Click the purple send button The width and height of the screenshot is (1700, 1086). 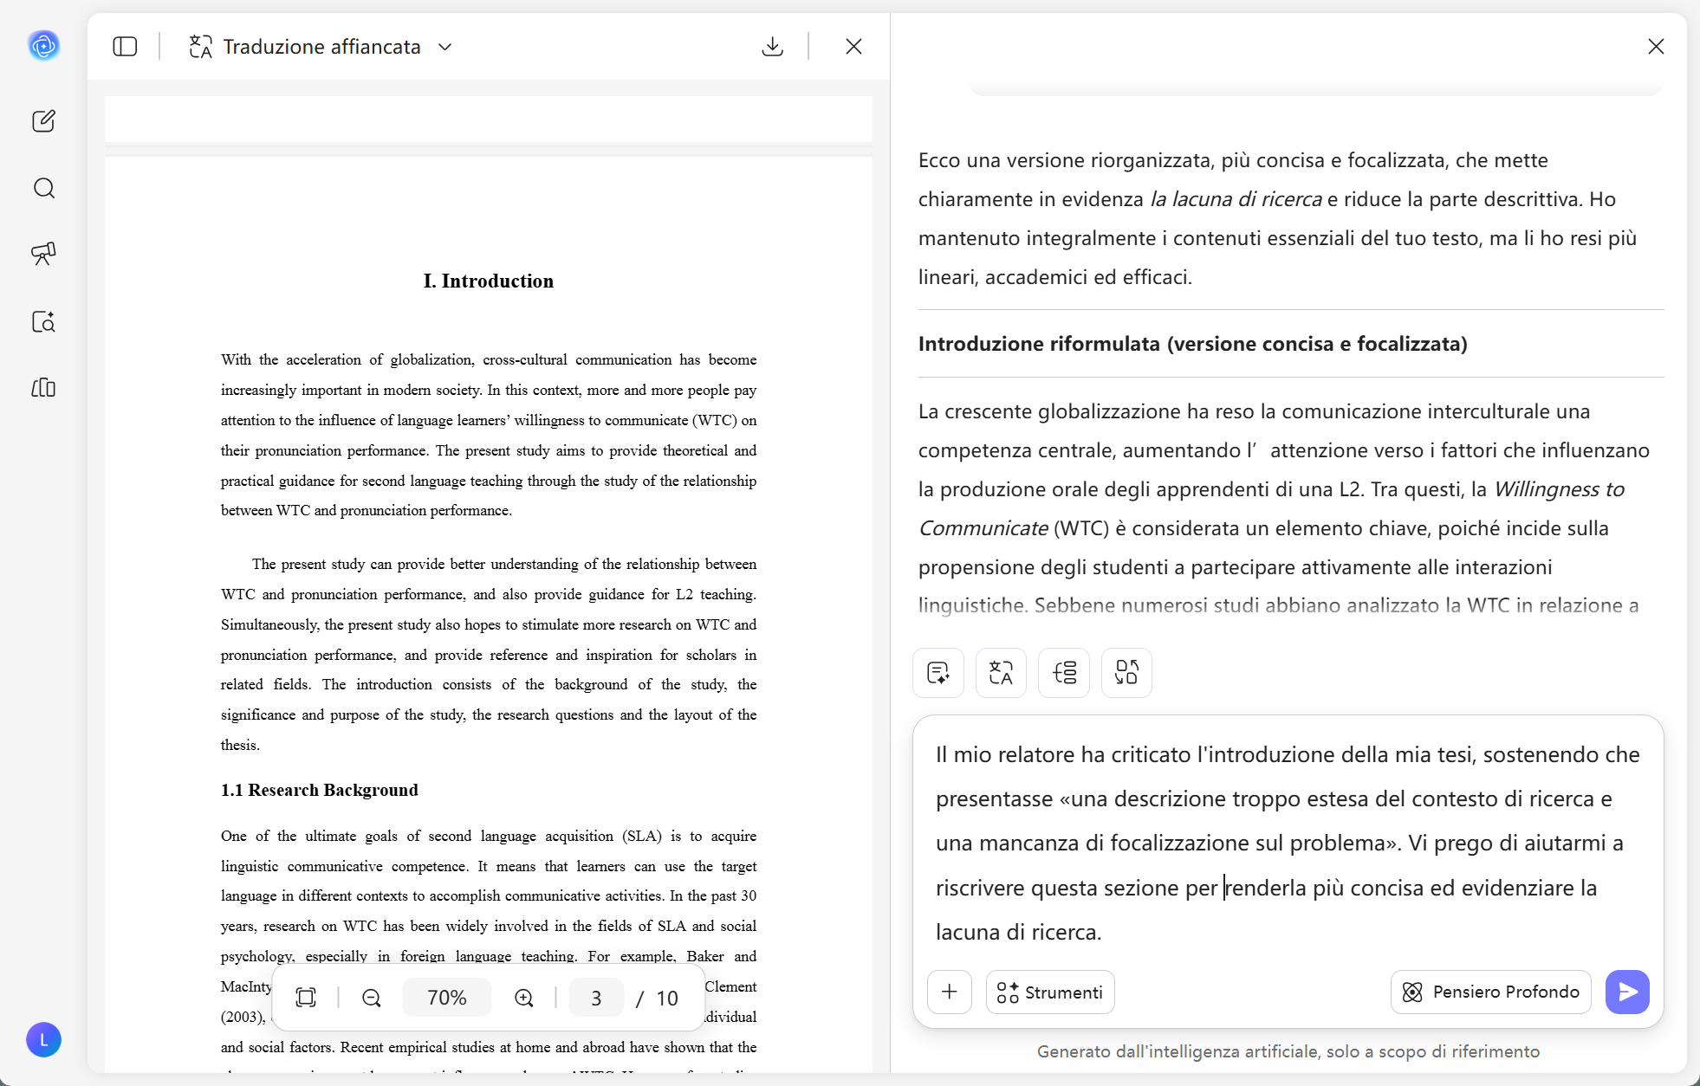(1627, 992)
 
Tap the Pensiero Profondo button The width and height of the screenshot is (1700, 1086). (1490, 992)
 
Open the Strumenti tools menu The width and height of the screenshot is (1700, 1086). (1050, 992)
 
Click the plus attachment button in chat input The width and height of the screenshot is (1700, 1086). (950, 992)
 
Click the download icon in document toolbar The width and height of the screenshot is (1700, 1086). (772, 47)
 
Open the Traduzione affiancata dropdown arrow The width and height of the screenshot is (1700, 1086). (445, 47)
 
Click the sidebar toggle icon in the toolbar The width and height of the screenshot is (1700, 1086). (125, 47)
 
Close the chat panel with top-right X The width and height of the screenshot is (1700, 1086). (1656, 47)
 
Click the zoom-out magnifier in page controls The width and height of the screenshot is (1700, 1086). (372, 998)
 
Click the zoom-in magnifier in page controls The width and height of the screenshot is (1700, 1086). (524, 998)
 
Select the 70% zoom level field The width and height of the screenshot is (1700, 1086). (447, 998)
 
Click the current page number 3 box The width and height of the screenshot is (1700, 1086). (596, 998)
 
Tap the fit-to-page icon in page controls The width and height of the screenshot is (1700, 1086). (306, 998)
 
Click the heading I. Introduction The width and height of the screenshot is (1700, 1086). (489, 281)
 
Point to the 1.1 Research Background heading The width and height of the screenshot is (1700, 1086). (320, 790)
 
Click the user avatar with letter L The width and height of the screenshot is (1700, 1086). (43, 1040)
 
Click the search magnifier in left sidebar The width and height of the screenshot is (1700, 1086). (44, 188)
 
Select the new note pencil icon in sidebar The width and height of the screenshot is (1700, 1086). (44, 120)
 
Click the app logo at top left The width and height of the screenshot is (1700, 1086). (44, 45)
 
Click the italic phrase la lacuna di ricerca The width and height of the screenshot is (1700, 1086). (1236, 199)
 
